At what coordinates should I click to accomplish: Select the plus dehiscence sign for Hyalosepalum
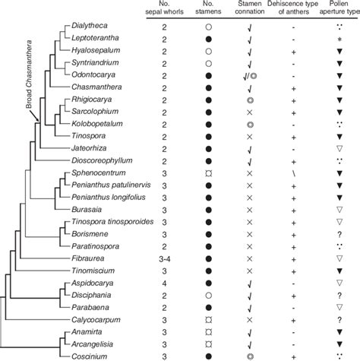pos(293,51)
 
